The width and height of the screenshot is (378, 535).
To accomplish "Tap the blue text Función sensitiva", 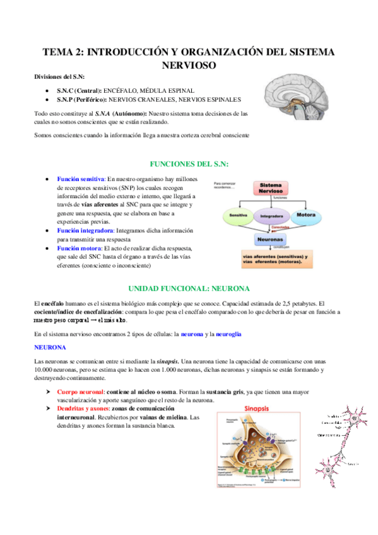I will click(80, 179).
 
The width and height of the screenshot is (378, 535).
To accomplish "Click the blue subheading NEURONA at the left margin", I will click(48, 347).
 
